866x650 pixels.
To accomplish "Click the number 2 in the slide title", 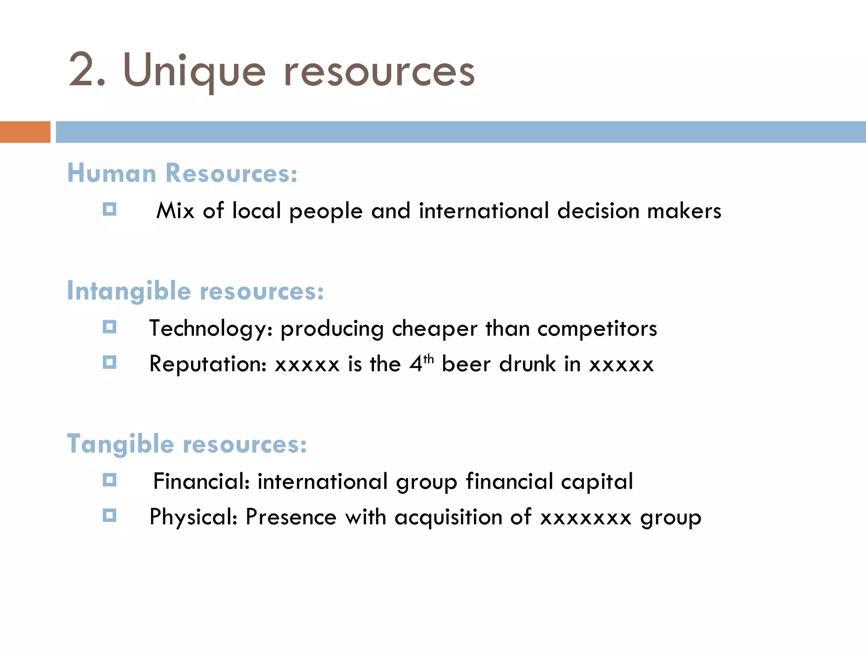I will [83, 69].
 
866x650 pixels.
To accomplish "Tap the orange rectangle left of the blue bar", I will [25, 132].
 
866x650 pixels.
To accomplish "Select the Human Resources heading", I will [182, 174].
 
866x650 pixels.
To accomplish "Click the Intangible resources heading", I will [195, 291].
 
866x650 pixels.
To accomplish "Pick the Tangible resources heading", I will [187, 444].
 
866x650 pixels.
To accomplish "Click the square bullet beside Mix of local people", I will [110, 209].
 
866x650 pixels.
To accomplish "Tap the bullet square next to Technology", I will [110, 327].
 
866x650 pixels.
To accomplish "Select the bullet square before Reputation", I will [110, 362].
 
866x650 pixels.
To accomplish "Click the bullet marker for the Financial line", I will [110, 480].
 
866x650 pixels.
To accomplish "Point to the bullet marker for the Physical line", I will [110, 515].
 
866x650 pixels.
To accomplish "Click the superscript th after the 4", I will [428, 359].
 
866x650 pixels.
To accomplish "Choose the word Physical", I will [193, 517].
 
